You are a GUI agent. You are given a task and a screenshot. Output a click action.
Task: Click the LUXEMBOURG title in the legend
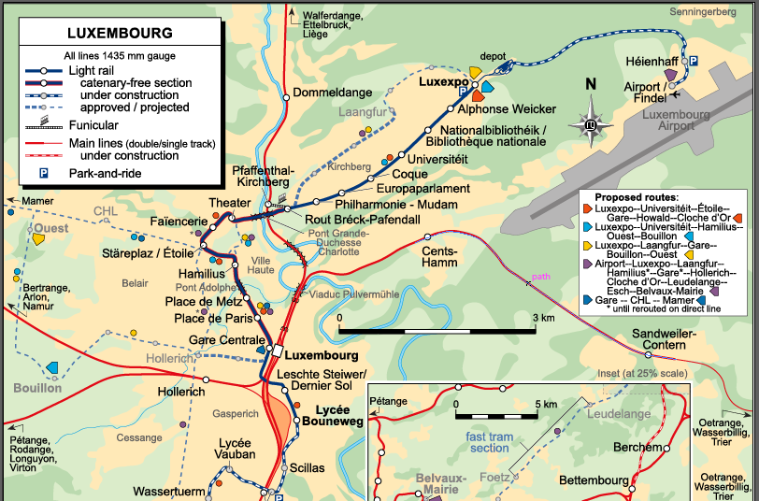click(120, 33)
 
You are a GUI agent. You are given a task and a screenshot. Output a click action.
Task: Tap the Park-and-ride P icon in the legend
click(43, 173)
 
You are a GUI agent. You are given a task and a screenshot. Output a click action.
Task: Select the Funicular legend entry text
click(93, 124)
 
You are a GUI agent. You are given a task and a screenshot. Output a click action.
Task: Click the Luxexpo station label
click(443, 81)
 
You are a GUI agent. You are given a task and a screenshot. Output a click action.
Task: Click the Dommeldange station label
click(332, 93)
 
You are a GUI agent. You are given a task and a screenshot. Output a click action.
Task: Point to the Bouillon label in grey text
click(37, 388)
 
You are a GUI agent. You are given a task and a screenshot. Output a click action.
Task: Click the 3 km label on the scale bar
click(544, 318)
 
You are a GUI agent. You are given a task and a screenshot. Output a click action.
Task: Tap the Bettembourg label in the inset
click(594, 480)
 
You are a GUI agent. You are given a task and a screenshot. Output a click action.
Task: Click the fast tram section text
click(489, 442)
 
